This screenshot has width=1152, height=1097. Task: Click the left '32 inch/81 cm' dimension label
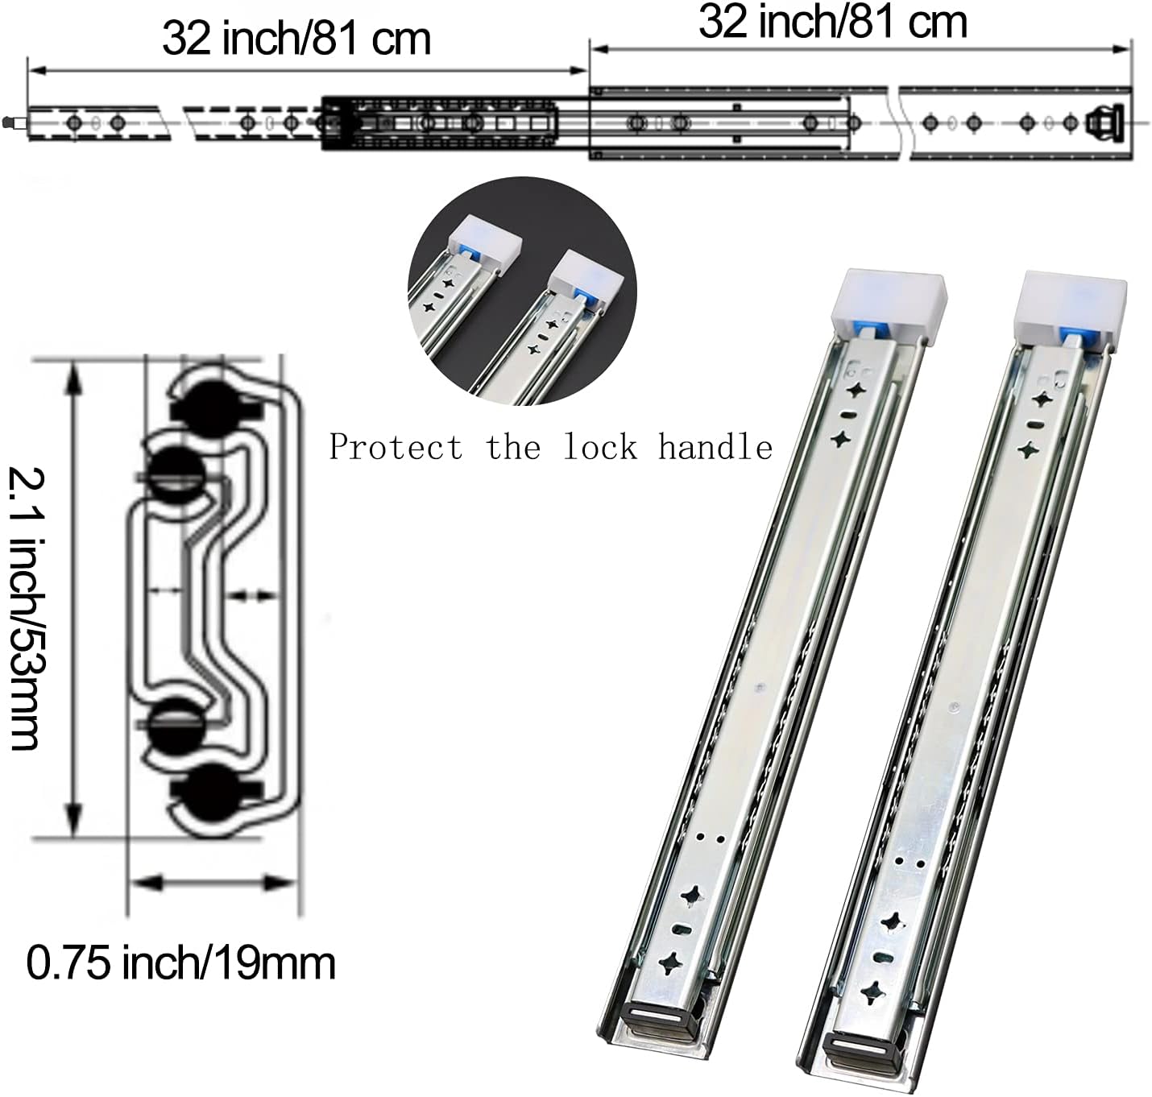pyautogui.click(x=296, y=38)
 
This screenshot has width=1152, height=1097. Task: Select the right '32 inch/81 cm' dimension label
pyautogui.click(x=832, y=22)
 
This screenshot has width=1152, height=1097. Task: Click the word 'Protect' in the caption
pyautogui.click(x=396, y=447)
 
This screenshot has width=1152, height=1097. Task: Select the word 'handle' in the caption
pyautogui.click(x=715, y=447)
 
